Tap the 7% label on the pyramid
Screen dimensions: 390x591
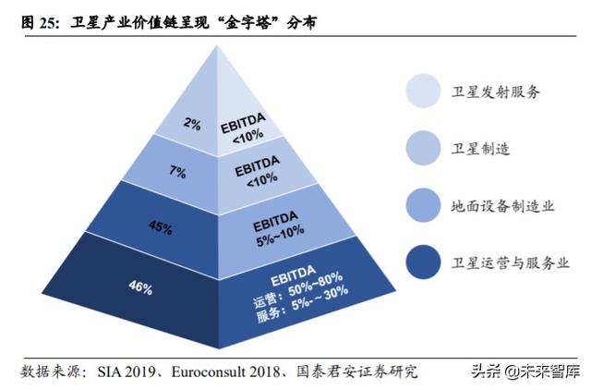pos(178,172)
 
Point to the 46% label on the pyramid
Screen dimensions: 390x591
pos(140,287)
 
